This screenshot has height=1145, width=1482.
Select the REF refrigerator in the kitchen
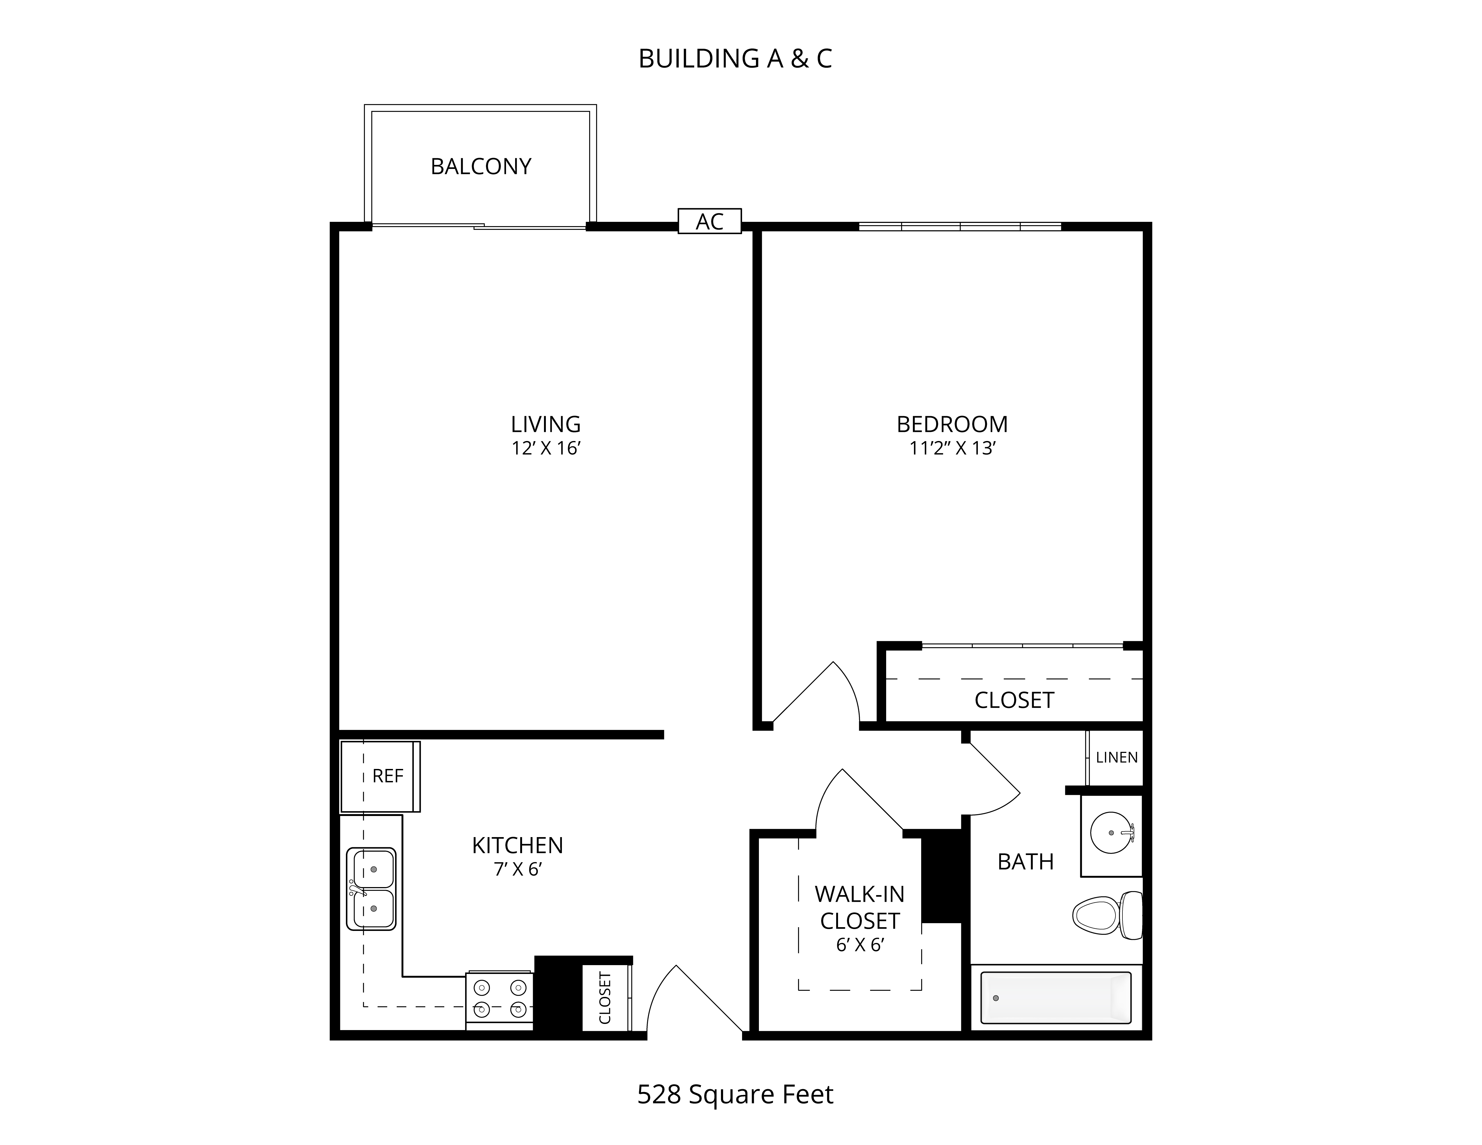380,776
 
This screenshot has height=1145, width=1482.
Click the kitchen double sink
371,889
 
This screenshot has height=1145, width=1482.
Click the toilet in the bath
1107,915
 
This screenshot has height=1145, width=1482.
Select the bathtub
1056,997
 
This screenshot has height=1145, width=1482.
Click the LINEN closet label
1116,757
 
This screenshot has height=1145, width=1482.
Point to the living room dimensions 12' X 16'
546,448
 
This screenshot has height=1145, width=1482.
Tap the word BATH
1025,861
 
